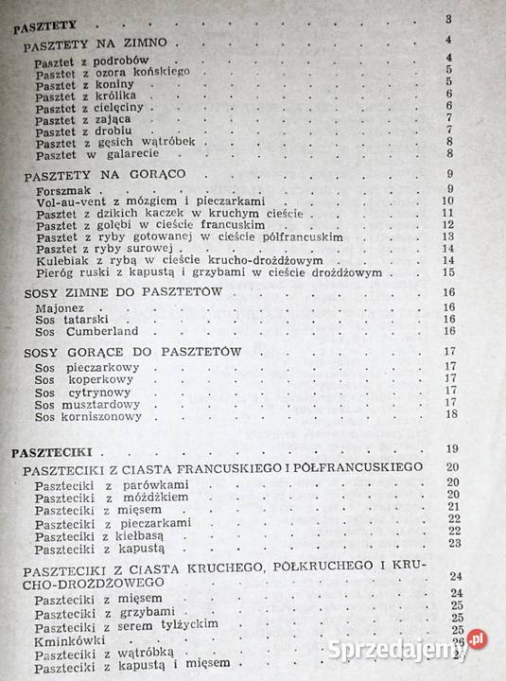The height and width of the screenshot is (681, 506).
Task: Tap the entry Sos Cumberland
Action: click(x=76, y=333)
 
